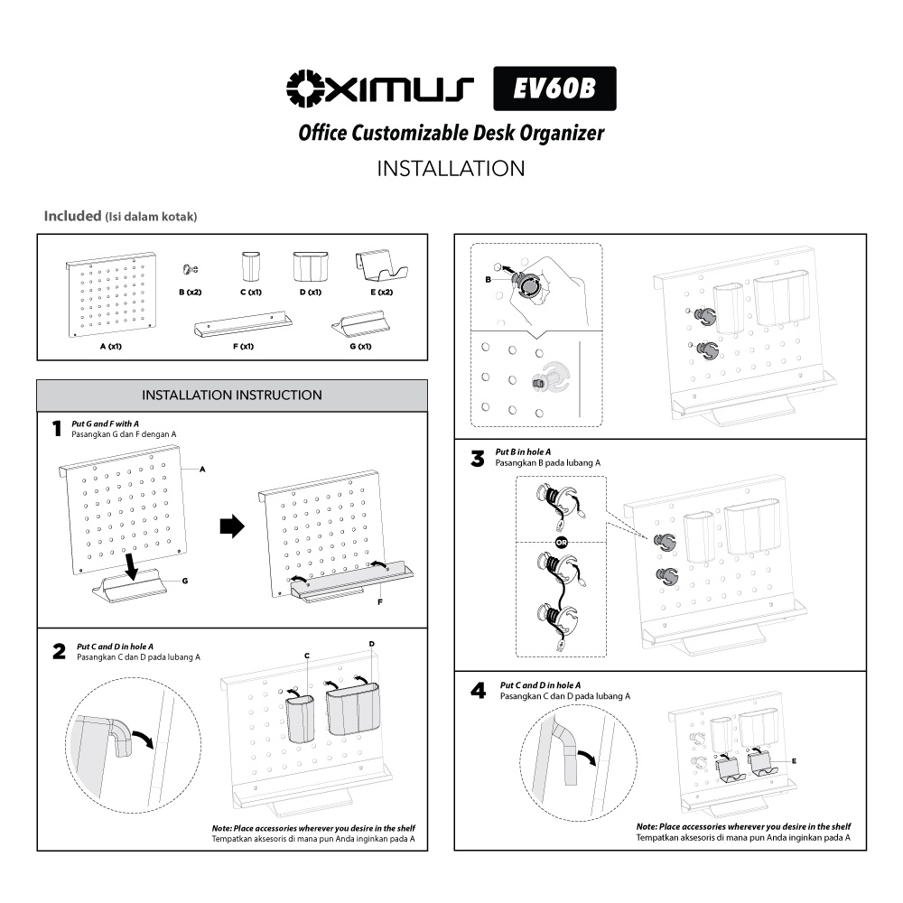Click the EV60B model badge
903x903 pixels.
coord(554,88)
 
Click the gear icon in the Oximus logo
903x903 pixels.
coord(304,88)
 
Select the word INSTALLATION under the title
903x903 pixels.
coord(451,169)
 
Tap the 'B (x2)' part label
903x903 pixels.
coord(190,292)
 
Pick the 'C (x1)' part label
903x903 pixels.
coord(251,292)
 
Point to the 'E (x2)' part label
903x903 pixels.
coord(382,292)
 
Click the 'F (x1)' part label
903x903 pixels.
coord(243,346)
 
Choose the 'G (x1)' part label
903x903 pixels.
coord(360,346)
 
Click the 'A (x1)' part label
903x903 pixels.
coord(110,346)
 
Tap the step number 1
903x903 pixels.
coord(56,428)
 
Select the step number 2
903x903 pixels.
coord(59,651)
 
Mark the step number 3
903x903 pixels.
coord(478,459)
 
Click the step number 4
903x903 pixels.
coord(478,691)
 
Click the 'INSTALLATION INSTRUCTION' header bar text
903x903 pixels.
coord(232,396)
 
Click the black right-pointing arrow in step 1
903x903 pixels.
coord(232,526)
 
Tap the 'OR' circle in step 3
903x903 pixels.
coord(562,542)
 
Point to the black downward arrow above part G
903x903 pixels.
coord(132,567)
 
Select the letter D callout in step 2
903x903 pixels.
coord(371,644)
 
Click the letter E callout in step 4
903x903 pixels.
coord(794,761)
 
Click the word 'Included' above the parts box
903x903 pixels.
coord(72,216)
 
